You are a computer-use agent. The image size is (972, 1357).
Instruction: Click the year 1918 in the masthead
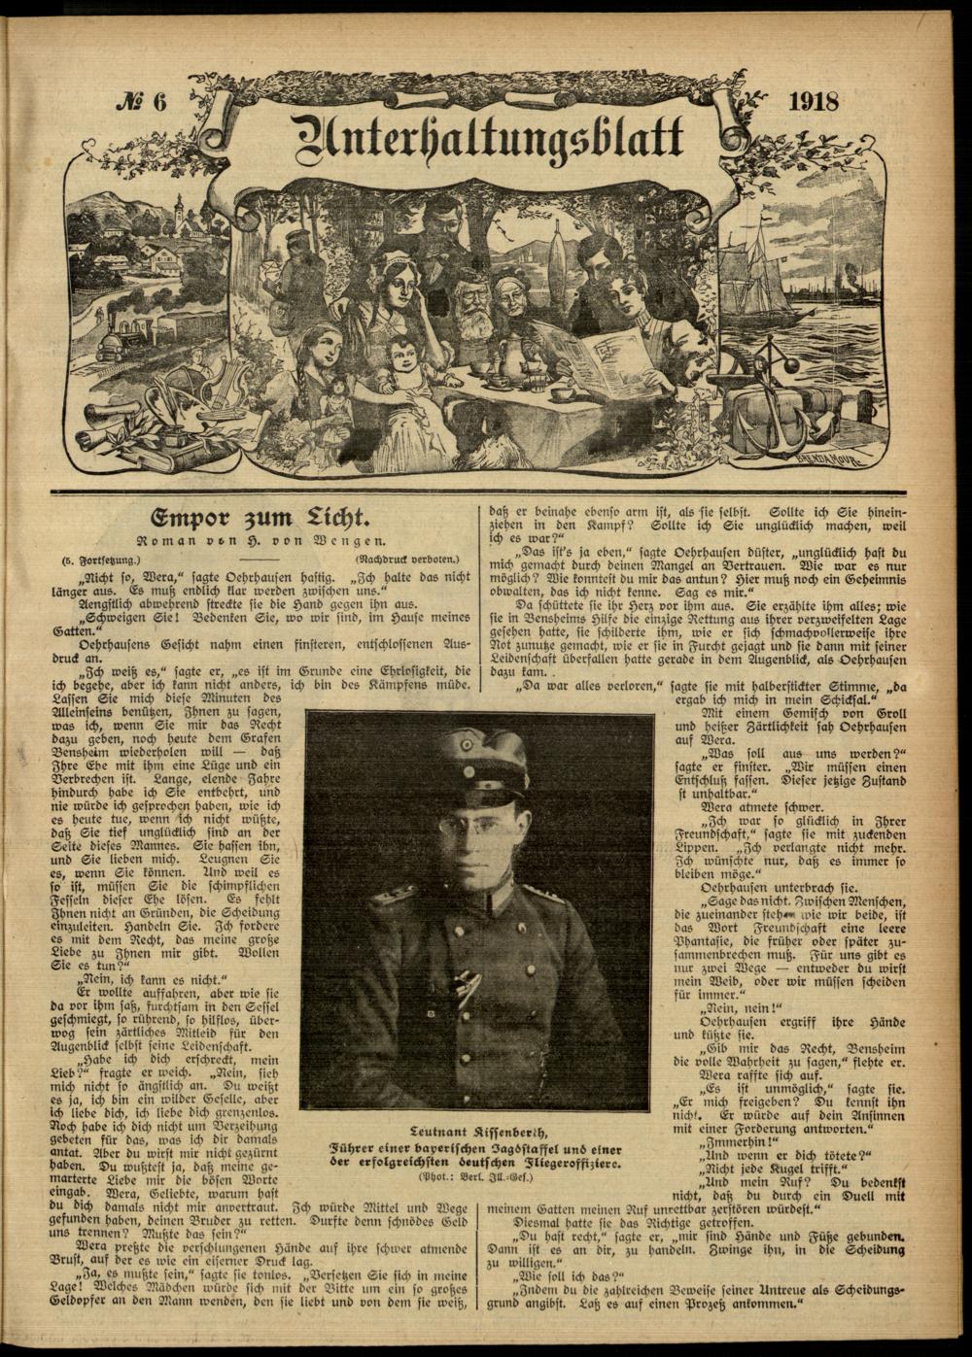point(815,102)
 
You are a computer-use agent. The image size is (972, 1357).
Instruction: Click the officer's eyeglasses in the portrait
point(465,824)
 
